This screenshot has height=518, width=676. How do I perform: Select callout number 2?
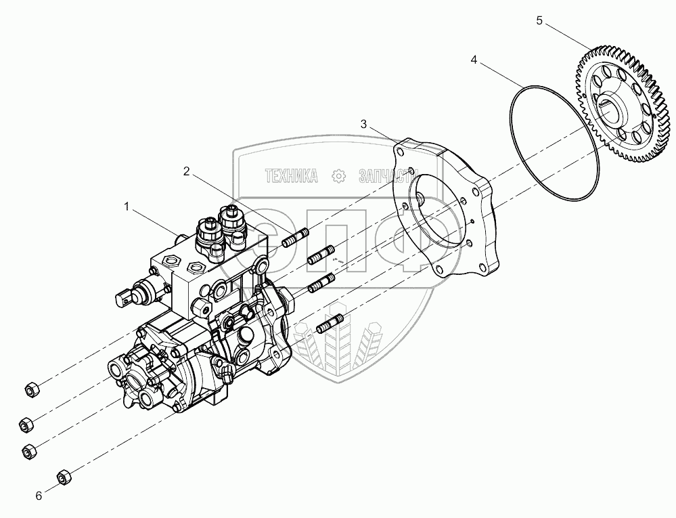tap(186, 171)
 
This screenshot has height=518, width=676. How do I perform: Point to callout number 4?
tap(474, 60)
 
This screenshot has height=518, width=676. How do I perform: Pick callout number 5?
tap(539, 21)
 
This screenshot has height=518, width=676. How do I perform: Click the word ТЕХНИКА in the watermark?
tap(292, 177)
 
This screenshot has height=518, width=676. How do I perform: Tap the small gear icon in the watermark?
tap(337, 177)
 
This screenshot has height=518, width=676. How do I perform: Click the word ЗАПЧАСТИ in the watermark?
tap(386, 177)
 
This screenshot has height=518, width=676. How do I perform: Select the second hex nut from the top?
tap(26, 422)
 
